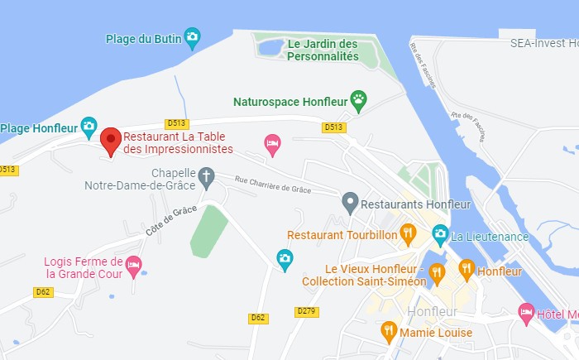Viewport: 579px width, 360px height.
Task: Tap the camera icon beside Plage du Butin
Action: click(x=192, y=36)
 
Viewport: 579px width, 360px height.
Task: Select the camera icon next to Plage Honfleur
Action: click(x=89, y=127)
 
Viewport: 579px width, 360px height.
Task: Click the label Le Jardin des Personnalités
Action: click(x=323, y=50)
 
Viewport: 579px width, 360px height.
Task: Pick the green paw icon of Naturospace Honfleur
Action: click(x=358, y=101)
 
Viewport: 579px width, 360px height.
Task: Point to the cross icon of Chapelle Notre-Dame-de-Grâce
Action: click(x=206, y=176)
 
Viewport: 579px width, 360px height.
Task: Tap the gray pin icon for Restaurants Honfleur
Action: click(x=350, y=201)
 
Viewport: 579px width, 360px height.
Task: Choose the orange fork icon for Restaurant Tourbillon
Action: click(x=407, y=233)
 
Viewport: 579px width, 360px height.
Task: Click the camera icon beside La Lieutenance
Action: click(x=440, y=235)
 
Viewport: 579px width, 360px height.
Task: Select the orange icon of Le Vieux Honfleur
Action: click(x=438, y=271)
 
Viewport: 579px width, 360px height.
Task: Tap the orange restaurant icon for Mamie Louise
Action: click(x=389, y=331)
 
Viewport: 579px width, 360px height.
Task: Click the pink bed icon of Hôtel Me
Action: click(x=526, y=313)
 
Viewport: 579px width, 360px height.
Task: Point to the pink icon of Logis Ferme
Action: click(x=134, y=265)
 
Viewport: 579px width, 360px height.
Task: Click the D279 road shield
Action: click(x=307, y=311)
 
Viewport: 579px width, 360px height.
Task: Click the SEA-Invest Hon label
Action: click(x=543, y=42)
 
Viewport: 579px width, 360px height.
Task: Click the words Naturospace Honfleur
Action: click(x=289, y=102)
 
